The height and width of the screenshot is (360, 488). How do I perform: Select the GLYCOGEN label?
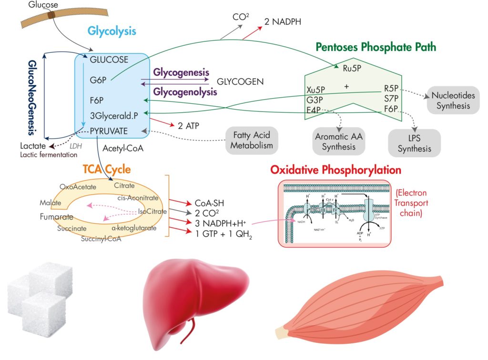(240, 81)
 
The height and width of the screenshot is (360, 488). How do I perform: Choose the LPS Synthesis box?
(414, 143)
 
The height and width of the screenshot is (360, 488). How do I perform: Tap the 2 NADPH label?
(283, 21)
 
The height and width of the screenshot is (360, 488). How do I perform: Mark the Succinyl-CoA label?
(102, 239)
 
